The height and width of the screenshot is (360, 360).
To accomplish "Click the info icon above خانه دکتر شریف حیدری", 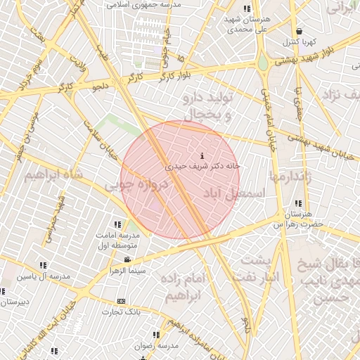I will [x=203, y=155].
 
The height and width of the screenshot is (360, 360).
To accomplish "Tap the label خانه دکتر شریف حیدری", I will [x=203, y=167].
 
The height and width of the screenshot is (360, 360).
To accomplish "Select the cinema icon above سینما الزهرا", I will [x=127, y=259].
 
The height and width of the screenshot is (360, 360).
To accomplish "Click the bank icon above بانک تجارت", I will [x=122, y=300].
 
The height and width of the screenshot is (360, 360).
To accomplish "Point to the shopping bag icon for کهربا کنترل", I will [x=300, y=32].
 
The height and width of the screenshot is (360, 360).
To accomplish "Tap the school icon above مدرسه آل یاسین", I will [x=43, y=266].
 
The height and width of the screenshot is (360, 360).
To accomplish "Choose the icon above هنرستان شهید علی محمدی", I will [x=246, y=8].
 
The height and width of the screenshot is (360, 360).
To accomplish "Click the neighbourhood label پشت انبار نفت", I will [x=261, y=268].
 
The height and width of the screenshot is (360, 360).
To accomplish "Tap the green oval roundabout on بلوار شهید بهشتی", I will [x=263, y=64].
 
